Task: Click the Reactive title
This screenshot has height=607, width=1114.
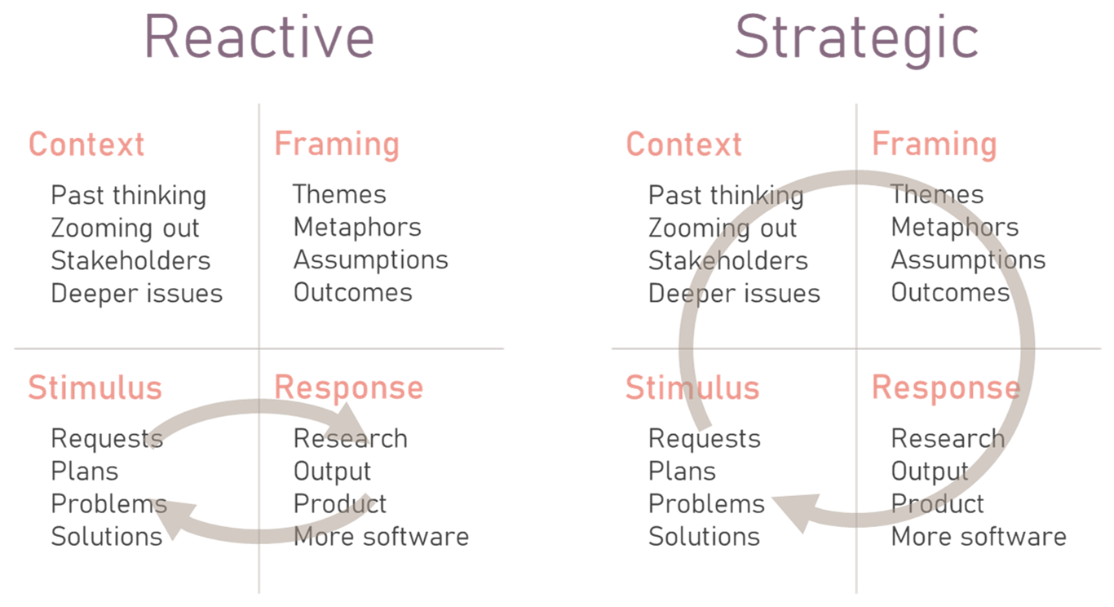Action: (x=259, y=37)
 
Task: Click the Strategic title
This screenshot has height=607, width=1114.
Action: (x=857, y=40)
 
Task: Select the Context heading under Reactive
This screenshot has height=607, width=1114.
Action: (x=86, y=144)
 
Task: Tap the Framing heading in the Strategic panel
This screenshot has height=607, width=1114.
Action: (x=935, y=145)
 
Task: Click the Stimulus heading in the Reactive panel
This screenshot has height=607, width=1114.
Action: (x=95, y=388)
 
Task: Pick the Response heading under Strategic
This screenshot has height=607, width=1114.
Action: (x=946, y=388)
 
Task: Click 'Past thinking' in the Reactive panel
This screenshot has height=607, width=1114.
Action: (x=129, y=196)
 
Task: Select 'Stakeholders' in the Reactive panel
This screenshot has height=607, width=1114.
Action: (x=130, y=261)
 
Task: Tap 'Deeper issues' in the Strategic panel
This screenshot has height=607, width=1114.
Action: (x=735, y=294)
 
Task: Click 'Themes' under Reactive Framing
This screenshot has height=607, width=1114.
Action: (x=339, y=194)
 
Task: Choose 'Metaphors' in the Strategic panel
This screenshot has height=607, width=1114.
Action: (x=955, y=228)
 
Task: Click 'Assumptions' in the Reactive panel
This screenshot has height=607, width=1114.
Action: (x=371, y=261)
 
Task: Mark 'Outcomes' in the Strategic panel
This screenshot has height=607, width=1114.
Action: (x=950, y=293)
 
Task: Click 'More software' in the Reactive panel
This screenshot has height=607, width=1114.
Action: (x=382, y=536)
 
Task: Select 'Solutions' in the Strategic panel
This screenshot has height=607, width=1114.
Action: (x=705, y=536)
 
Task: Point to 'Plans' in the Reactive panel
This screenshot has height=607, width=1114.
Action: (x=85, y=472)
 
